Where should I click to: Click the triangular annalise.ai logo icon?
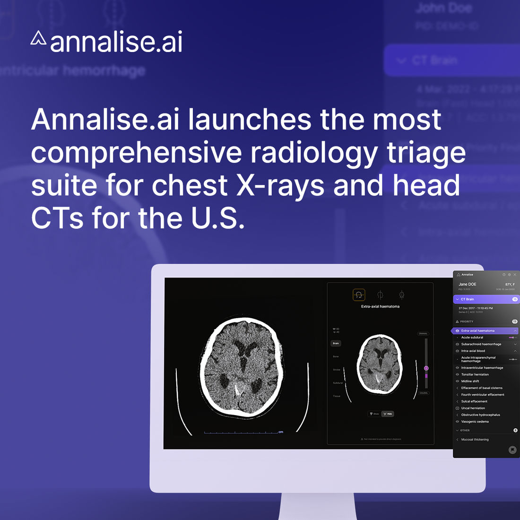click(x=38, y=39)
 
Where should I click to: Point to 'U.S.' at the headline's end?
click(x=218, y=218)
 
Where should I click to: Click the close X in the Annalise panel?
click(x=515, y=275)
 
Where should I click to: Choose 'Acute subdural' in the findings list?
click(x=472, y=338)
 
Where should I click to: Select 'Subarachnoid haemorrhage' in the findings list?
click(x=481, y=344)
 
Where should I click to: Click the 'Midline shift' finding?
click(x=470, y=381)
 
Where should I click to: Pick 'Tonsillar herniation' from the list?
click(x=475, y=374)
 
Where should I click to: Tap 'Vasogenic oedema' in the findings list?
click(x=475, y=422)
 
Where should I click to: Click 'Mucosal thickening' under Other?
click(x=475, y=440)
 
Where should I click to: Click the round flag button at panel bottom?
click(x=512, y=450)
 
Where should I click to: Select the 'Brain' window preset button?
click(x=336, y=343)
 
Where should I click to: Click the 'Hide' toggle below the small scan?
click(x=388, y=414)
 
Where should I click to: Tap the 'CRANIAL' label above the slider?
click(x=423, y=334)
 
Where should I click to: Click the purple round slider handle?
click(x=426, y=368)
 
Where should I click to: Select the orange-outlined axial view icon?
click(x=359, y=295)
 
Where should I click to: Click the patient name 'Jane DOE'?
click(x=467, y=285)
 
